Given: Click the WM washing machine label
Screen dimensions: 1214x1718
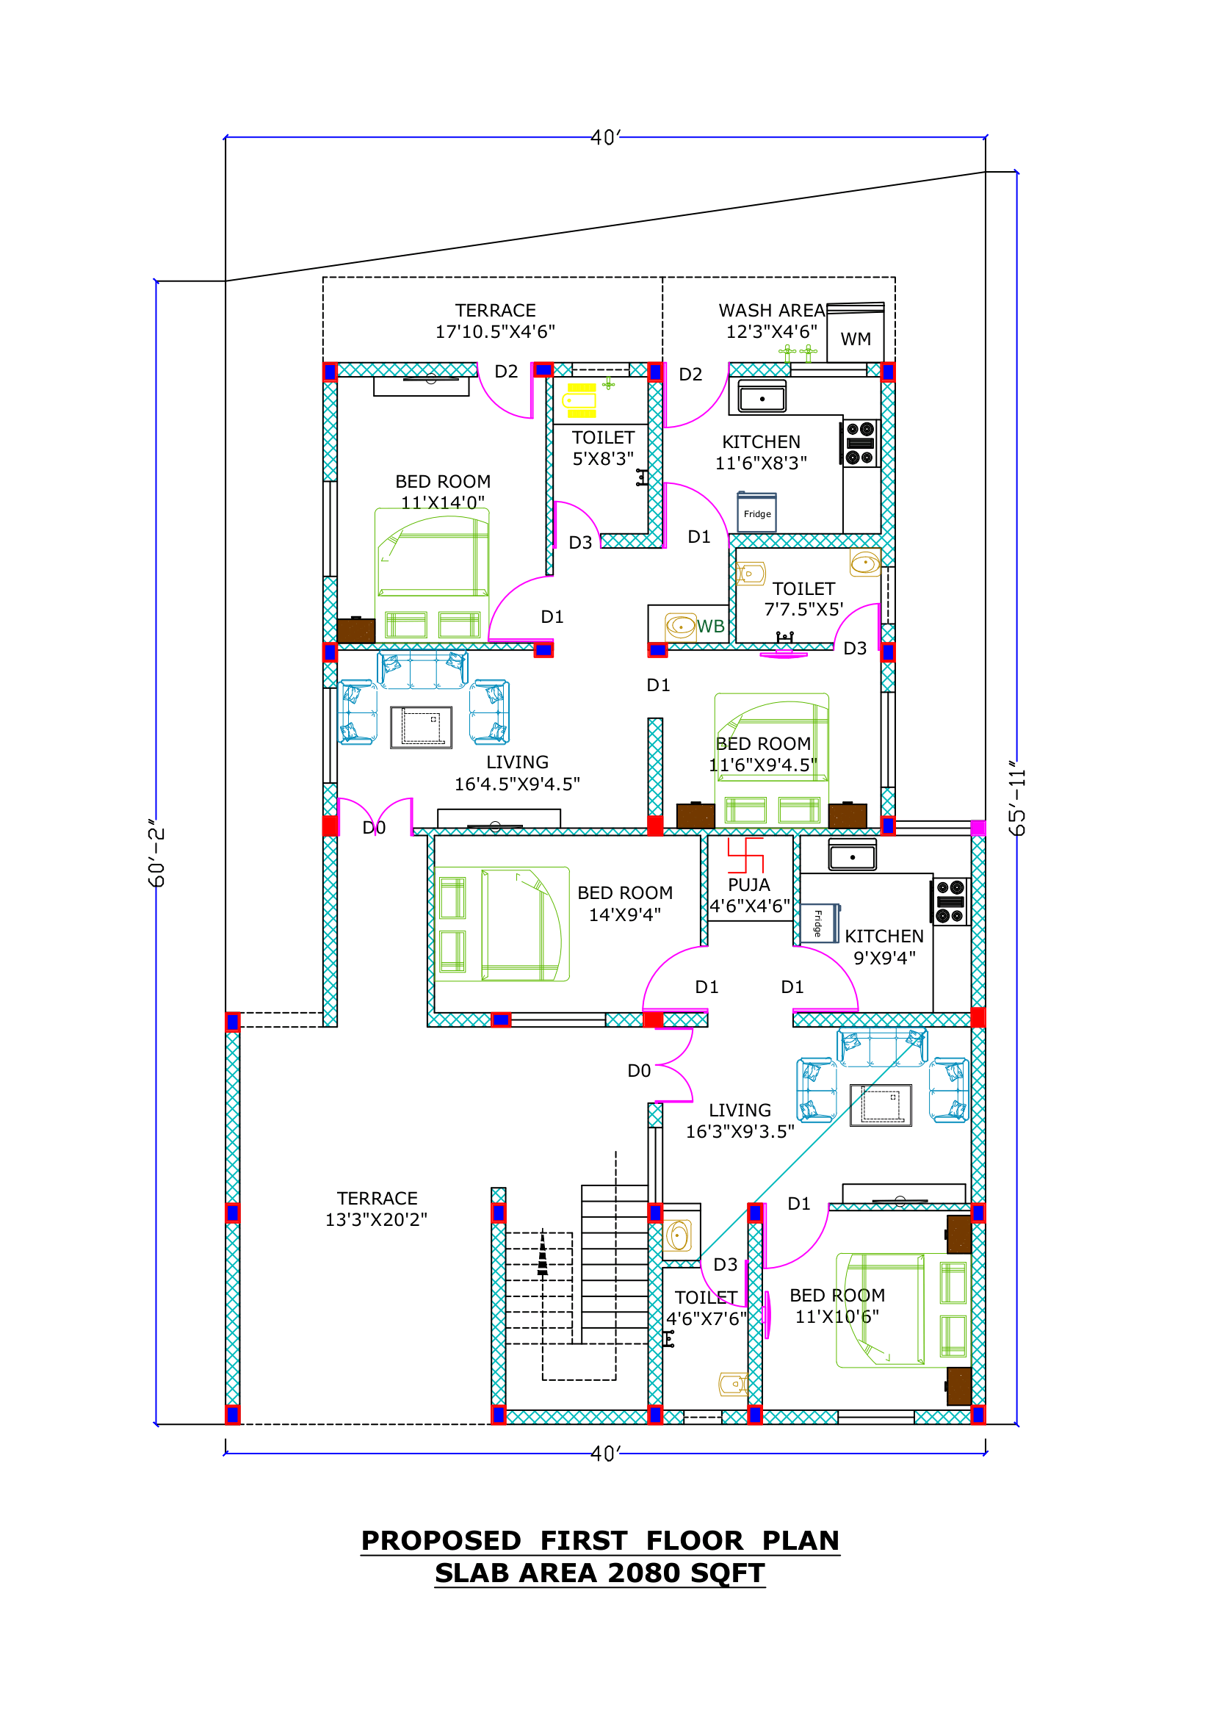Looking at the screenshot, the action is [x=855, y=339].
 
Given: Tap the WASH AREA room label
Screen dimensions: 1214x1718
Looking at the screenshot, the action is [x=771, y=311].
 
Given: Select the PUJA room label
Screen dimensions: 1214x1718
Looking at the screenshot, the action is [x=749, y=884].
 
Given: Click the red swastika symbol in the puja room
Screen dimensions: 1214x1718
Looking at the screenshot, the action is [x=745, y=855].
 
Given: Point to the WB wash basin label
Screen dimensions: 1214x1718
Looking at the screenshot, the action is [x=711, y=627].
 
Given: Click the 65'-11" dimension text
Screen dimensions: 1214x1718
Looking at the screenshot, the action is [x=1016, y=798].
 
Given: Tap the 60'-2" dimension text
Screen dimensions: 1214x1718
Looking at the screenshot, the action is [x=156, y=853].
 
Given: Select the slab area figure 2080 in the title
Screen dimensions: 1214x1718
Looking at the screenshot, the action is [x=644, y=1573].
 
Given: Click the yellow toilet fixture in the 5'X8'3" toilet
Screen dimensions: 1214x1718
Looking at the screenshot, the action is [x=581, y=400].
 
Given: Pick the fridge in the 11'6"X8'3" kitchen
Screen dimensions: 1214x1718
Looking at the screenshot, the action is [x=757, y=512].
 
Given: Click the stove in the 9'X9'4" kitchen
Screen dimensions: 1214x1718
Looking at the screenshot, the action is [x=950, y=902].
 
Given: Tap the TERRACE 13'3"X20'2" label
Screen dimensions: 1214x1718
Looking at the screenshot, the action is [x=376, y=1209].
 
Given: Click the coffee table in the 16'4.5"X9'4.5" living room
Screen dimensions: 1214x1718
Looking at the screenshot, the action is [x=421, y=726].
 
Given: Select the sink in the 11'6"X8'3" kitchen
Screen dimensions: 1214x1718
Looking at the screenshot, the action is [x=762, y=397].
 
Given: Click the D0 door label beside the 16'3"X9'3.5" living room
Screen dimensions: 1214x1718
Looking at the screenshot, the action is [x=639, y=1071].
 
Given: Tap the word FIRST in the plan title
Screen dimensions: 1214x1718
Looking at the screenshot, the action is [x=583, y=1541].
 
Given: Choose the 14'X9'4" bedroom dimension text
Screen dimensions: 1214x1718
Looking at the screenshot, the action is [x=624, y=914].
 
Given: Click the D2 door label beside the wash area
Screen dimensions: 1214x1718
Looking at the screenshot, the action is [x=690, y=374].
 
